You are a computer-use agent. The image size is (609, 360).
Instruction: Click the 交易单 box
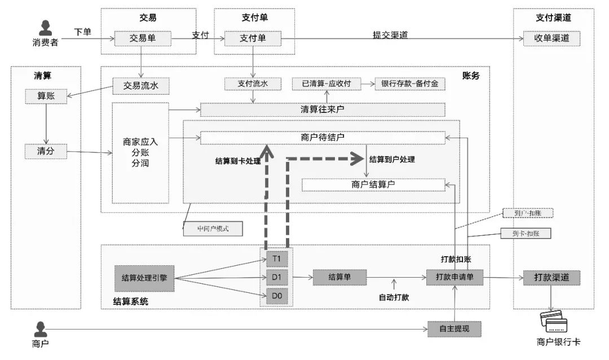(x=139, y=39)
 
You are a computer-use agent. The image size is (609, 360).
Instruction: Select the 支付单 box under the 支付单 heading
(x=253, y=39)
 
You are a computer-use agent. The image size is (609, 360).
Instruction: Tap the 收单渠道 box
(x=551, y=39)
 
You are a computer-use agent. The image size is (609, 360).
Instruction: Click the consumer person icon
(x=45, y=28)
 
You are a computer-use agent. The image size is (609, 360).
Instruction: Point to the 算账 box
(x=46, y=96)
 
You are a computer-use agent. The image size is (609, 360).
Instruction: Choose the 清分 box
(x=46, y=151)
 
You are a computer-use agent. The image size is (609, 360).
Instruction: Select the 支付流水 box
(x=253, y=84)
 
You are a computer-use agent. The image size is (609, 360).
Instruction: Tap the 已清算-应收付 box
(x=326, y=84)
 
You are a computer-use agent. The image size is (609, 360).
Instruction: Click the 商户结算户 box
(x=373, y=185)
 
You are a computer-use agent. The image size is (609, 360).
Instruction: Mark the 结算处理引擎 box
(x=144, y=278)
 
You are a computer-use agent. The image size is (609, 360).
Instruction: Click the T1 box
(x=277, y=259)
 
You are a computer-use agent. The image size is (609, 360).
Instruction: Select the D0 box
(x=277, y=296)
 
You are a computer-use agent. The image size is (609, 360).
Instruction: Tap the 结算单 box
(x=339, y=278)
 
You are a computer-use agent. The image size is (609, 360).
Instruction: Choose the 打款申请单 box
(x=455, y=278)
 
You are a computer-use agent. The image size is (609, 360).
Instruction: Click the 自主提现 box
(x=455, y=328)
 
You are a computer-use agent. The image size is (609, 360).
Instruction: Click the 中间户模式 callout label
(x=212, y=229)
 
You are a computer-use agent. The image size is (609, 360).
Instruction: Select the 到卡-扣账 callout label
(x=525, y=233)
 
